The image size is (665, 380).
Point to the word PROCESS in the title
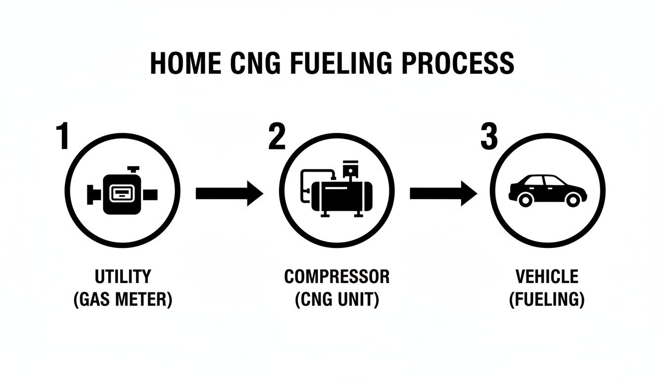click(x=460, y=63)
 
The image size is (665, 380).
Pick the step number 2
click(x=277, y=137)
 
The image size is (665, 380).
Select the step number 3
click(x=489, y=137)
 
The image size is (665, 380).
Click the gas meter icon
click(x=122, y=193)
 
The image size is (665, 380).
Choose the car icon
click(x=548, y=190)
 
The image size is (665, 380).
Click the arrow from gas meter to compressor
click(x=229, y=193)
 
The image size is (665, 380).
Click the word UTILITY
click(x=122, y=276)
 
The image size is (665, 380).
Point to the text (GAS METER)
click(x=122, y=300)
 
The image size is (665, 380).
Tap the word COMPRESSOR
click(x=336, y=276)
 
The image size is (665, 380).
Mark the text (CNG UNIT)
click(x=336, y=300)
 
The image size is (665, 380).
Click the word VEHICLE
click(x=547, y=276)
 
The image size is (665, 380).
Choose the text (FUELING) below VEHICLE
click(x=547, y=300)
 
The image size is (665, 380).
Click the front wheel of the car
click(x=572, y=199)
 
